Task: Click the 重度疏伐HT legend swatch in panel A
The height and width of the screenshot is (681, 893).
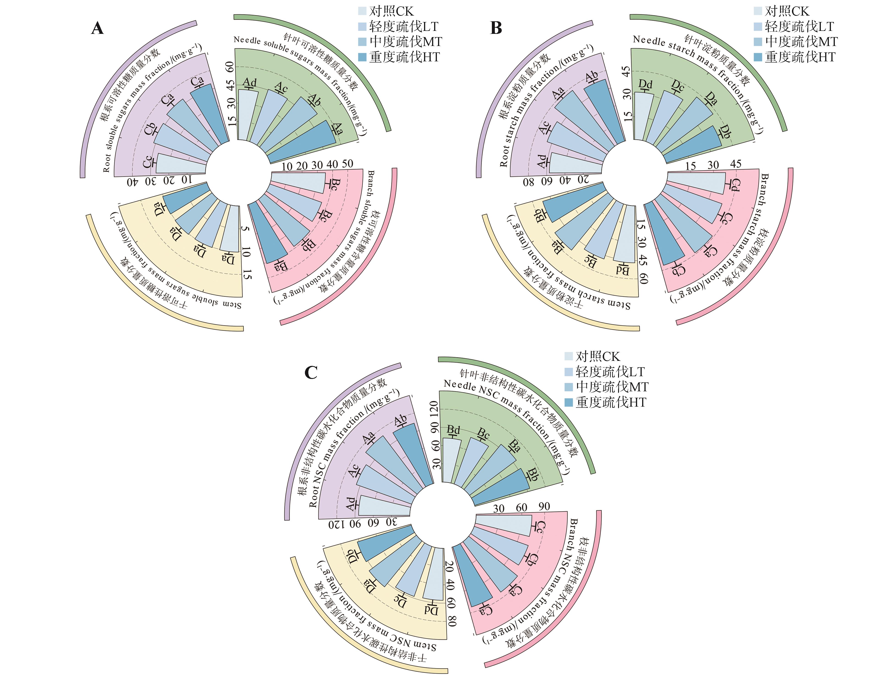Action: pos(362,57)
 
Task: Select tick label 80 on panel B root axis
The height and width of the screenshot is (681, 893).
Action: pos(528,182)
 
